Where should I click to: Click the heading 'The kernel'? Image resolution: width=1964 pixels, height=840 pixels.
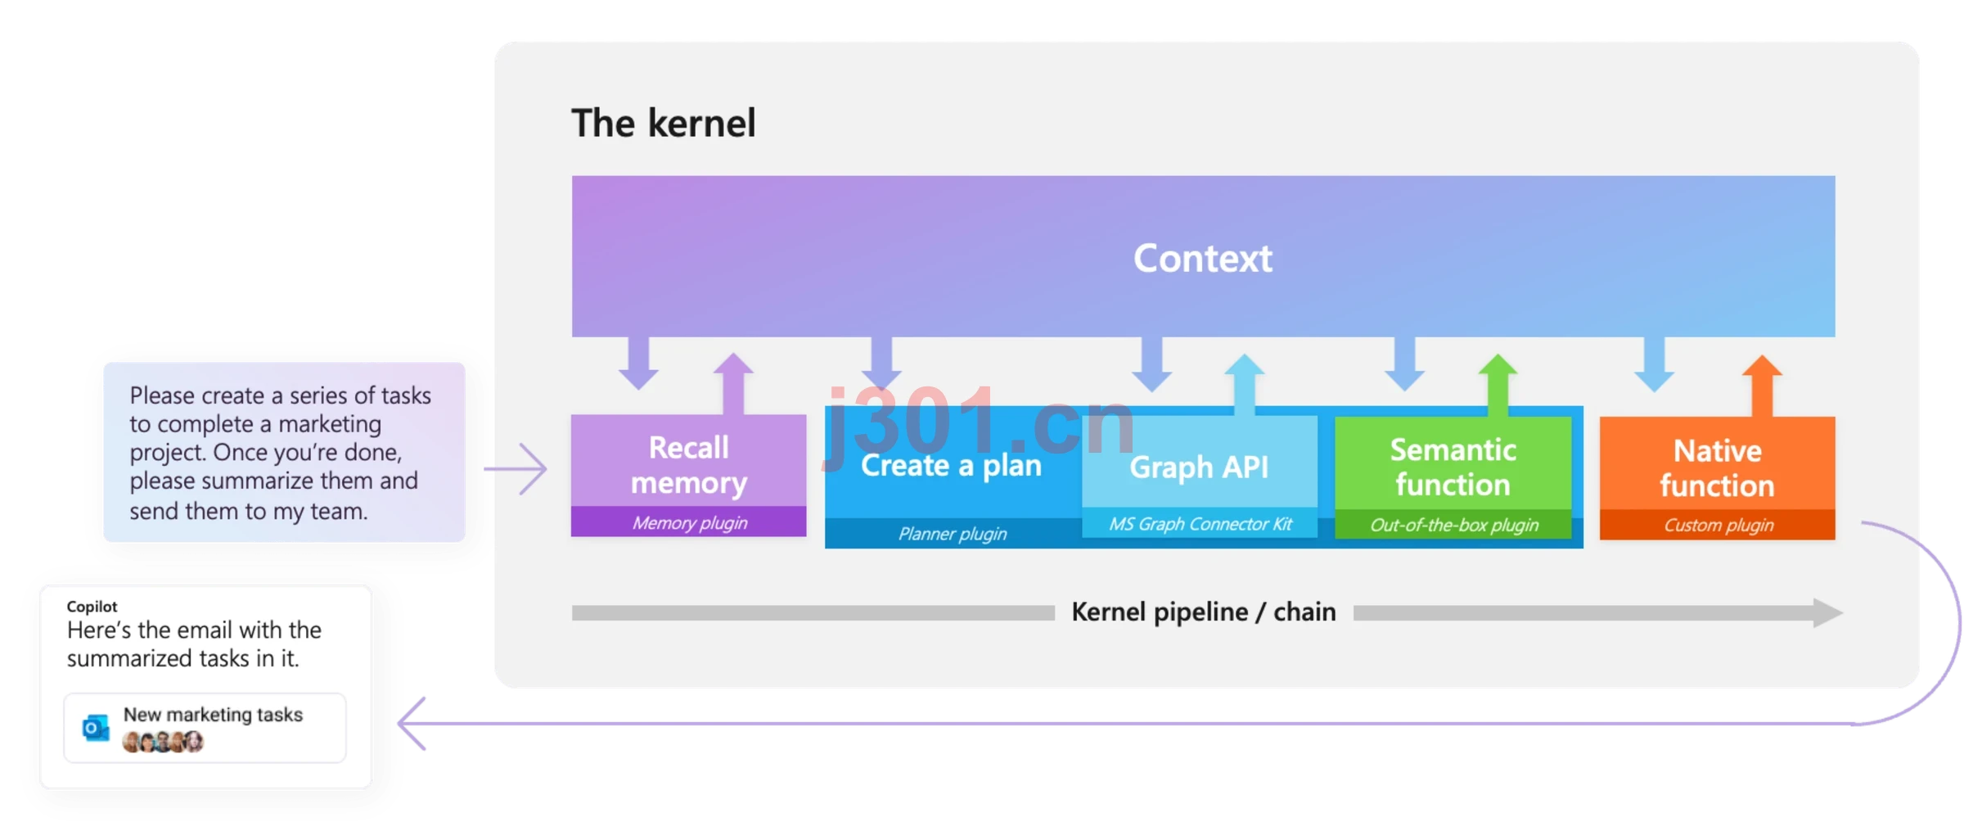pos(663,123)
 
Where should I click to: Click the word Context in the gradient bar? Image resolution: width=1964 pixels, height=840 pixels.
pos(1202,259)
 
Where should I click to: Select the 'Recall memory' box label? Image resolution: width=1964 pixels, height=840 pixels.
pos(688,465)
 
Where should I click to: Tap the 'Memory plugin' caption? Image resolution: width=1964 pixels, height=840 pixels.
pos(689,522)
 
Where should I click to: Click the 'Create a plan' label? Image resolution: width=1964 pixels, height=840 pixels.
pos(951,465)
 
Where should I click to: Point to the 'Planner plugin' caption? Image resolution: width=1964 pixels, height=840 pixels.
pos(953,534)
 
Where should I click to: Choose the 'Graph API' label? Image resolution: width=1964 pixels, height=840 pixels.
pos(1199,467)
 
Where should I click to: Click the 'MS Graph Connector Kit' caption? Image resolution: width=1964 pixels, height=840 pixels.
pos(1200,524)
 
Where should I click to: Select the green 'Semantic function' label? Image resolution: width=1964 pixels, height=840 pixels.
pos(1453,467)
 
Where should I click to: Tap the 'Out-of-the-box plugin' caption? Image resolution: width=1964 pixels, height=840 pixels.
pos(1454,525)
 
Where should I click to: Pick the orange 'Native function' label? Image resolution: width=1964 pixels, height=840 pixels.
pos(1717,468)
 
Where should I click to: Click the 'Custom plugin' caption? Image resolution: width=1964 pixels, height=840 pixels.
pos(1718,525)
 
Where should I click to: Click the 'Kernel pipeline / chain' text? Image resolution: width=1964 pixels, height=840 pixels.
pos(1203,612)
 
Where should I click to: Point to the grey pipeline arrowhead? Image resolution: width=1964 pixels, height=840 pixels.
pos(1827,612)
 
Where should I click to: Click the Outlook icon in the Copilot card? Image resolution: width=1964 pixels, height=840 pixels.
pos(96,727)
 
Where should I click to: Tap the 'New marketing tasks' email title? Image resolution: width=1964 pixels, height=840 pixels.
pos(213,715)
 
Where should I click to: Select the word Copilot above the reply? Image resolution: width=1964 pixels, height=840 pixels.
pos(92,607)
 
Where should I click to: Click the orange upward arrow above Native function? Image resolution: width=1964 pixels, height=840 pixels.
pos(1762,386)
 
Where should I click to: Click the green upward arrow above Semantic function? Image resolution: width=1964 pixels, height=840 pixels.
pos(1498,385)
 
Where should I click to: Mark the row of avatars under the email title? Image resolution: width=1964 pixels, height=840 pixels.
pos(162,742)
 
